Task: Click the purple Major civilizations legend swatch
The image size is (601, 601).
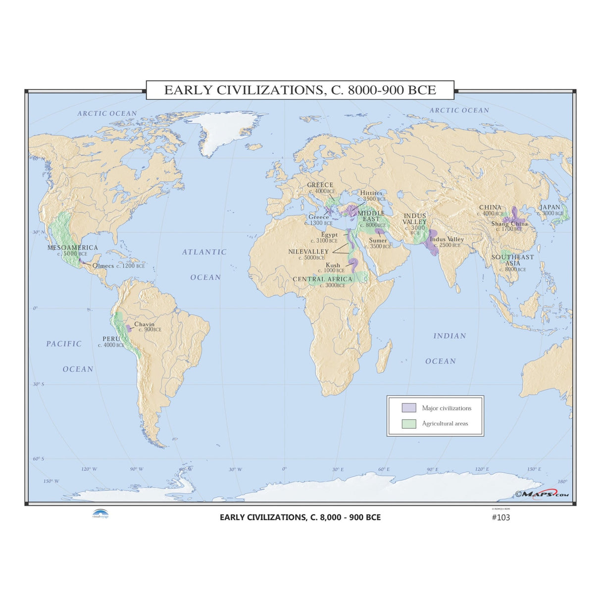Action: (408, 408)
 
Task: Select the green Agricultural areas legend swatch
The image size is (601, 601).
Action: (408, 424)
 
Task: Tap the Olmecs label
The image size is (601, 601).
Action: (103, 266)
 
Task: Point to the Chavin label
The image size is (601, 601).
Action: (144, 324)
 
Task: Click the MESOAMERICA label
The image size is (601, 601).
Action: (73, 248)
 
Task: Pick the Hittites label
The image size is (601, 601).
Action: (371, 193)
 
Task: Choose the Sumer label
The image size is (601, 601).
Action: (378, 241)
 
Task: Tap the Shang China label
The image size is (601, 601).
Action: (509, 224)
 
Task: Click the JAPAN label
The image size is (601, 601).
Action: (550, 207)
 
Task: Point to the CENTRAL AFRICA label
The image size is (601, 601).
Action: (322, 279)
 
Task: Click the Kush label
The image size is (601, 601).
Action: (333, 265)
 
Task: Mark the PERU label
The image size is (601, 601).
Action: (111, 339)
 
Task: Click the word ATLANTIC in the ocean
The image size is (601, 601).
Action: (204, 252)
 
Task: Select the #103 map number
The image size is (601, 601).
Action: (501, 518)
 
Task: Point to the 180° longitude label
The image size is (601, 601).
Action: (562, 482)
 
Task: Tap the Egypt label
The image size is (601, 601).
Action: (329, 235)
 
